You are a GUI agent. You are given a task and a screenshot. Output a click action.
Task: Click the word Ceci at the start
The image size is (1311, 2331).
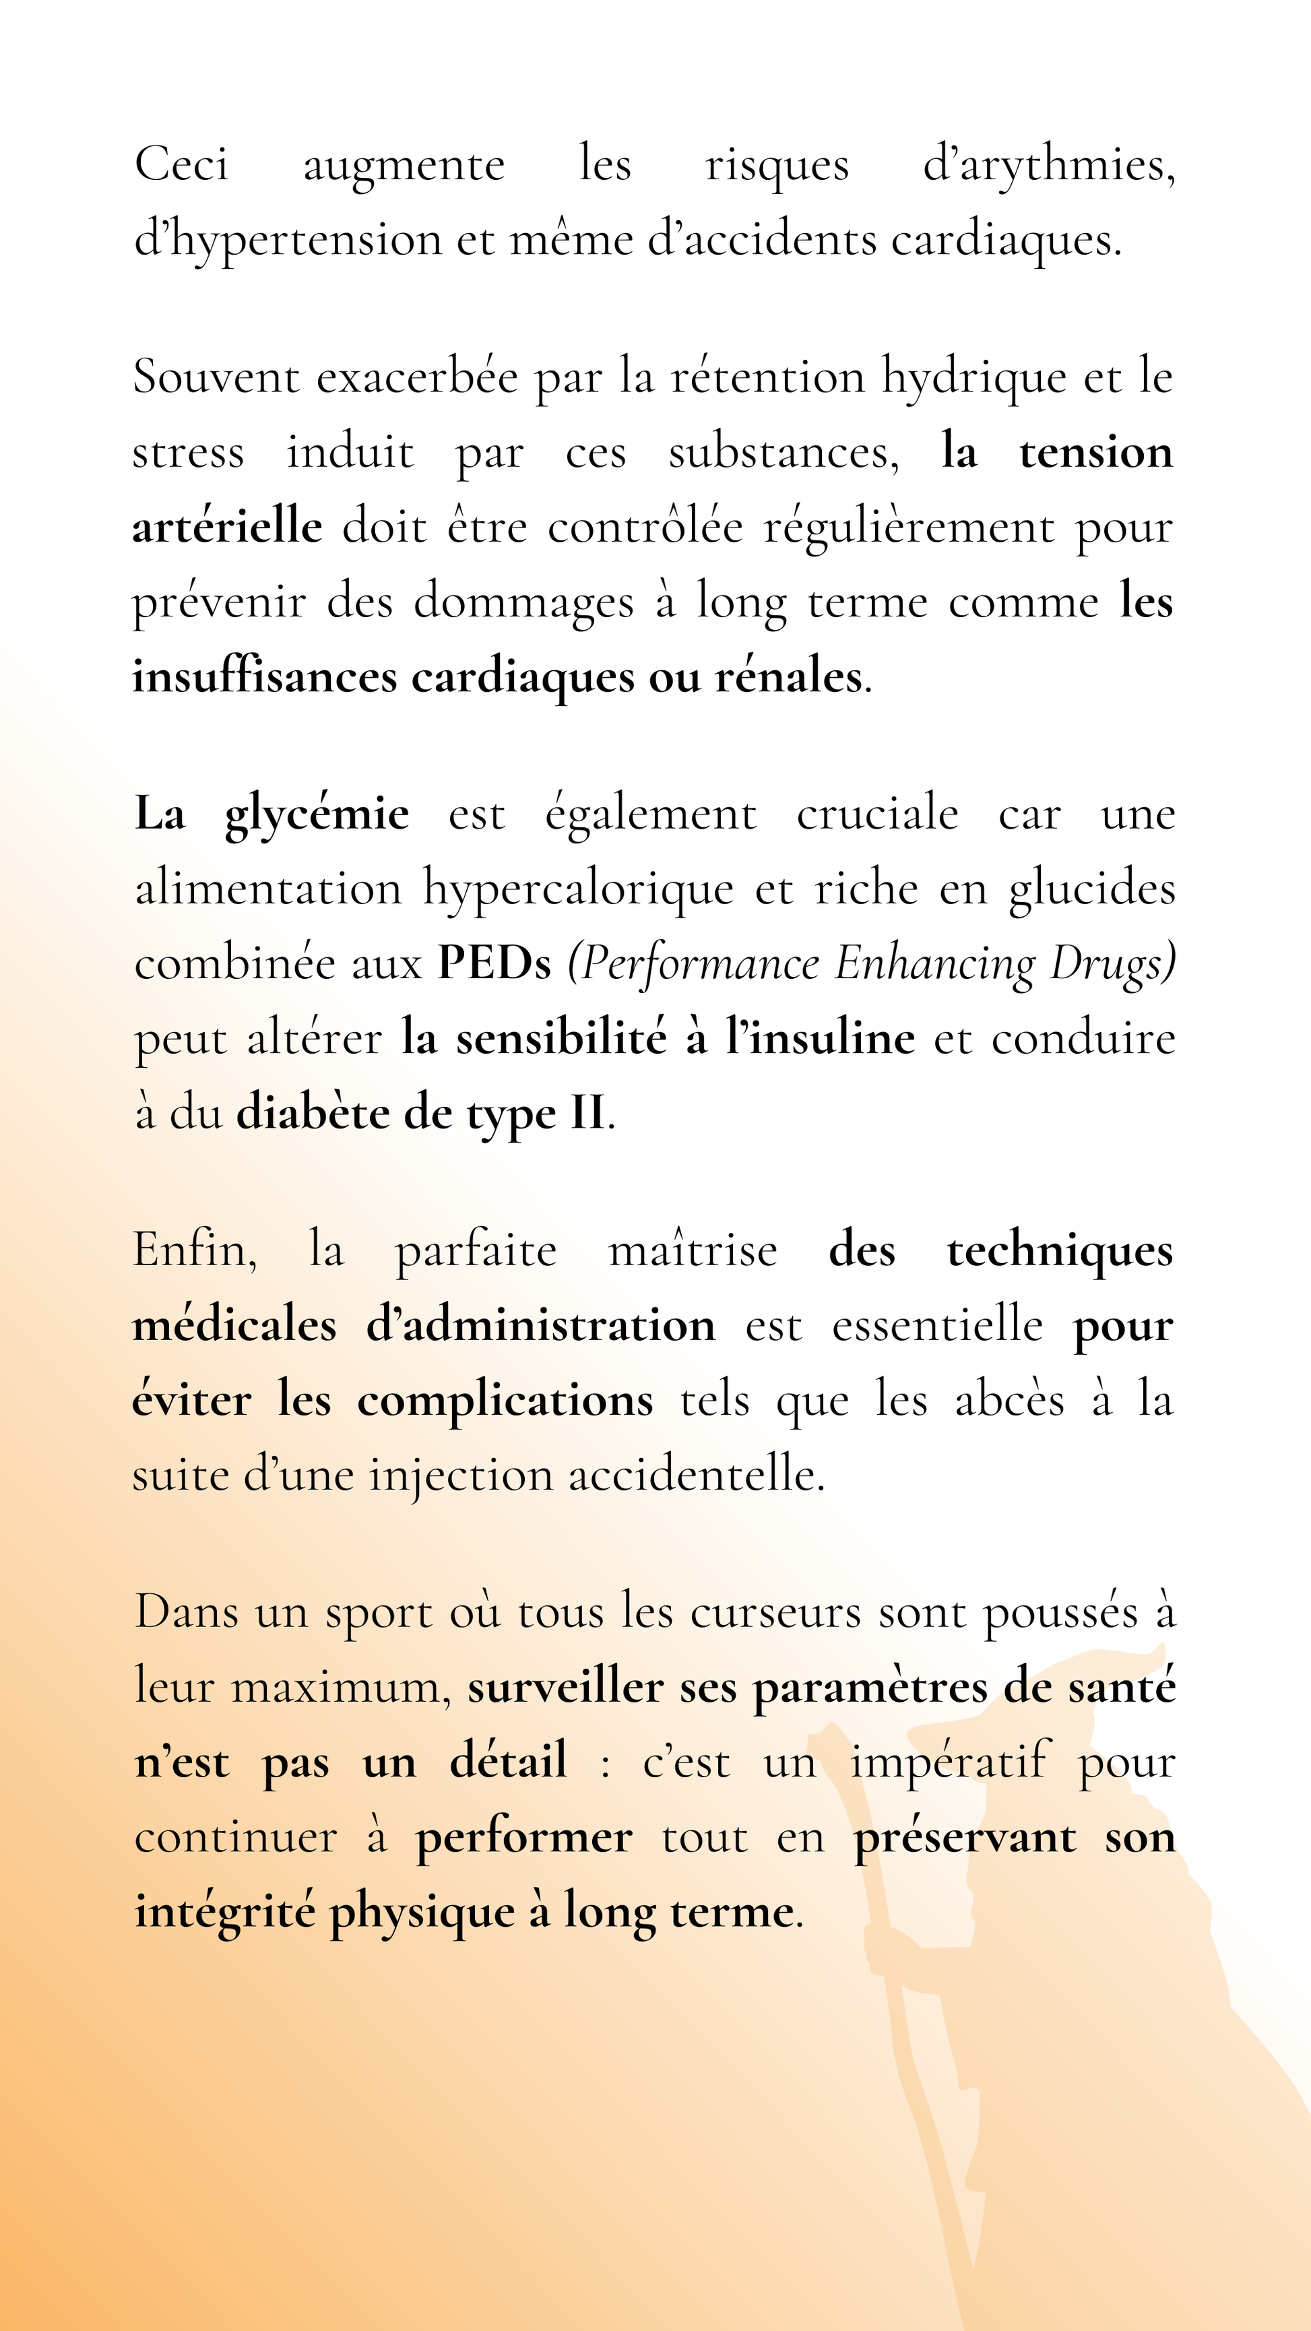point(181,166)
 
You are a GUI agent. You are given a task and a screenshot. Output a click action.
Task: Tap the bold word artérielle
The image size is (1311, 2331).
point(227,527)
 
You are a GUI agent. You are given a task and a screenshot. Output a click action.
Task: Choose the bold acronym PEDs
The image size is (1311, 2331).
point(494,963)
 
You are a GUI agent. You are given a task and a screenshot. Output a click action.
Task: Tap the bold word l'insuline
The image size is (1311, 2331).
point(820,1039)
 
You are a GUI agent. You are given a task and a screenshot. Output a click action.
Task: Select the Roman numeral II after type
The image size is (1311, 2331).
point(587,1113)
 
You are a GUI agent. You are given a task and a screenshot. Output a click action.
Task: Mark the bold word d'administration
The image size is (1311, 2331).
point(541,1327)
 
